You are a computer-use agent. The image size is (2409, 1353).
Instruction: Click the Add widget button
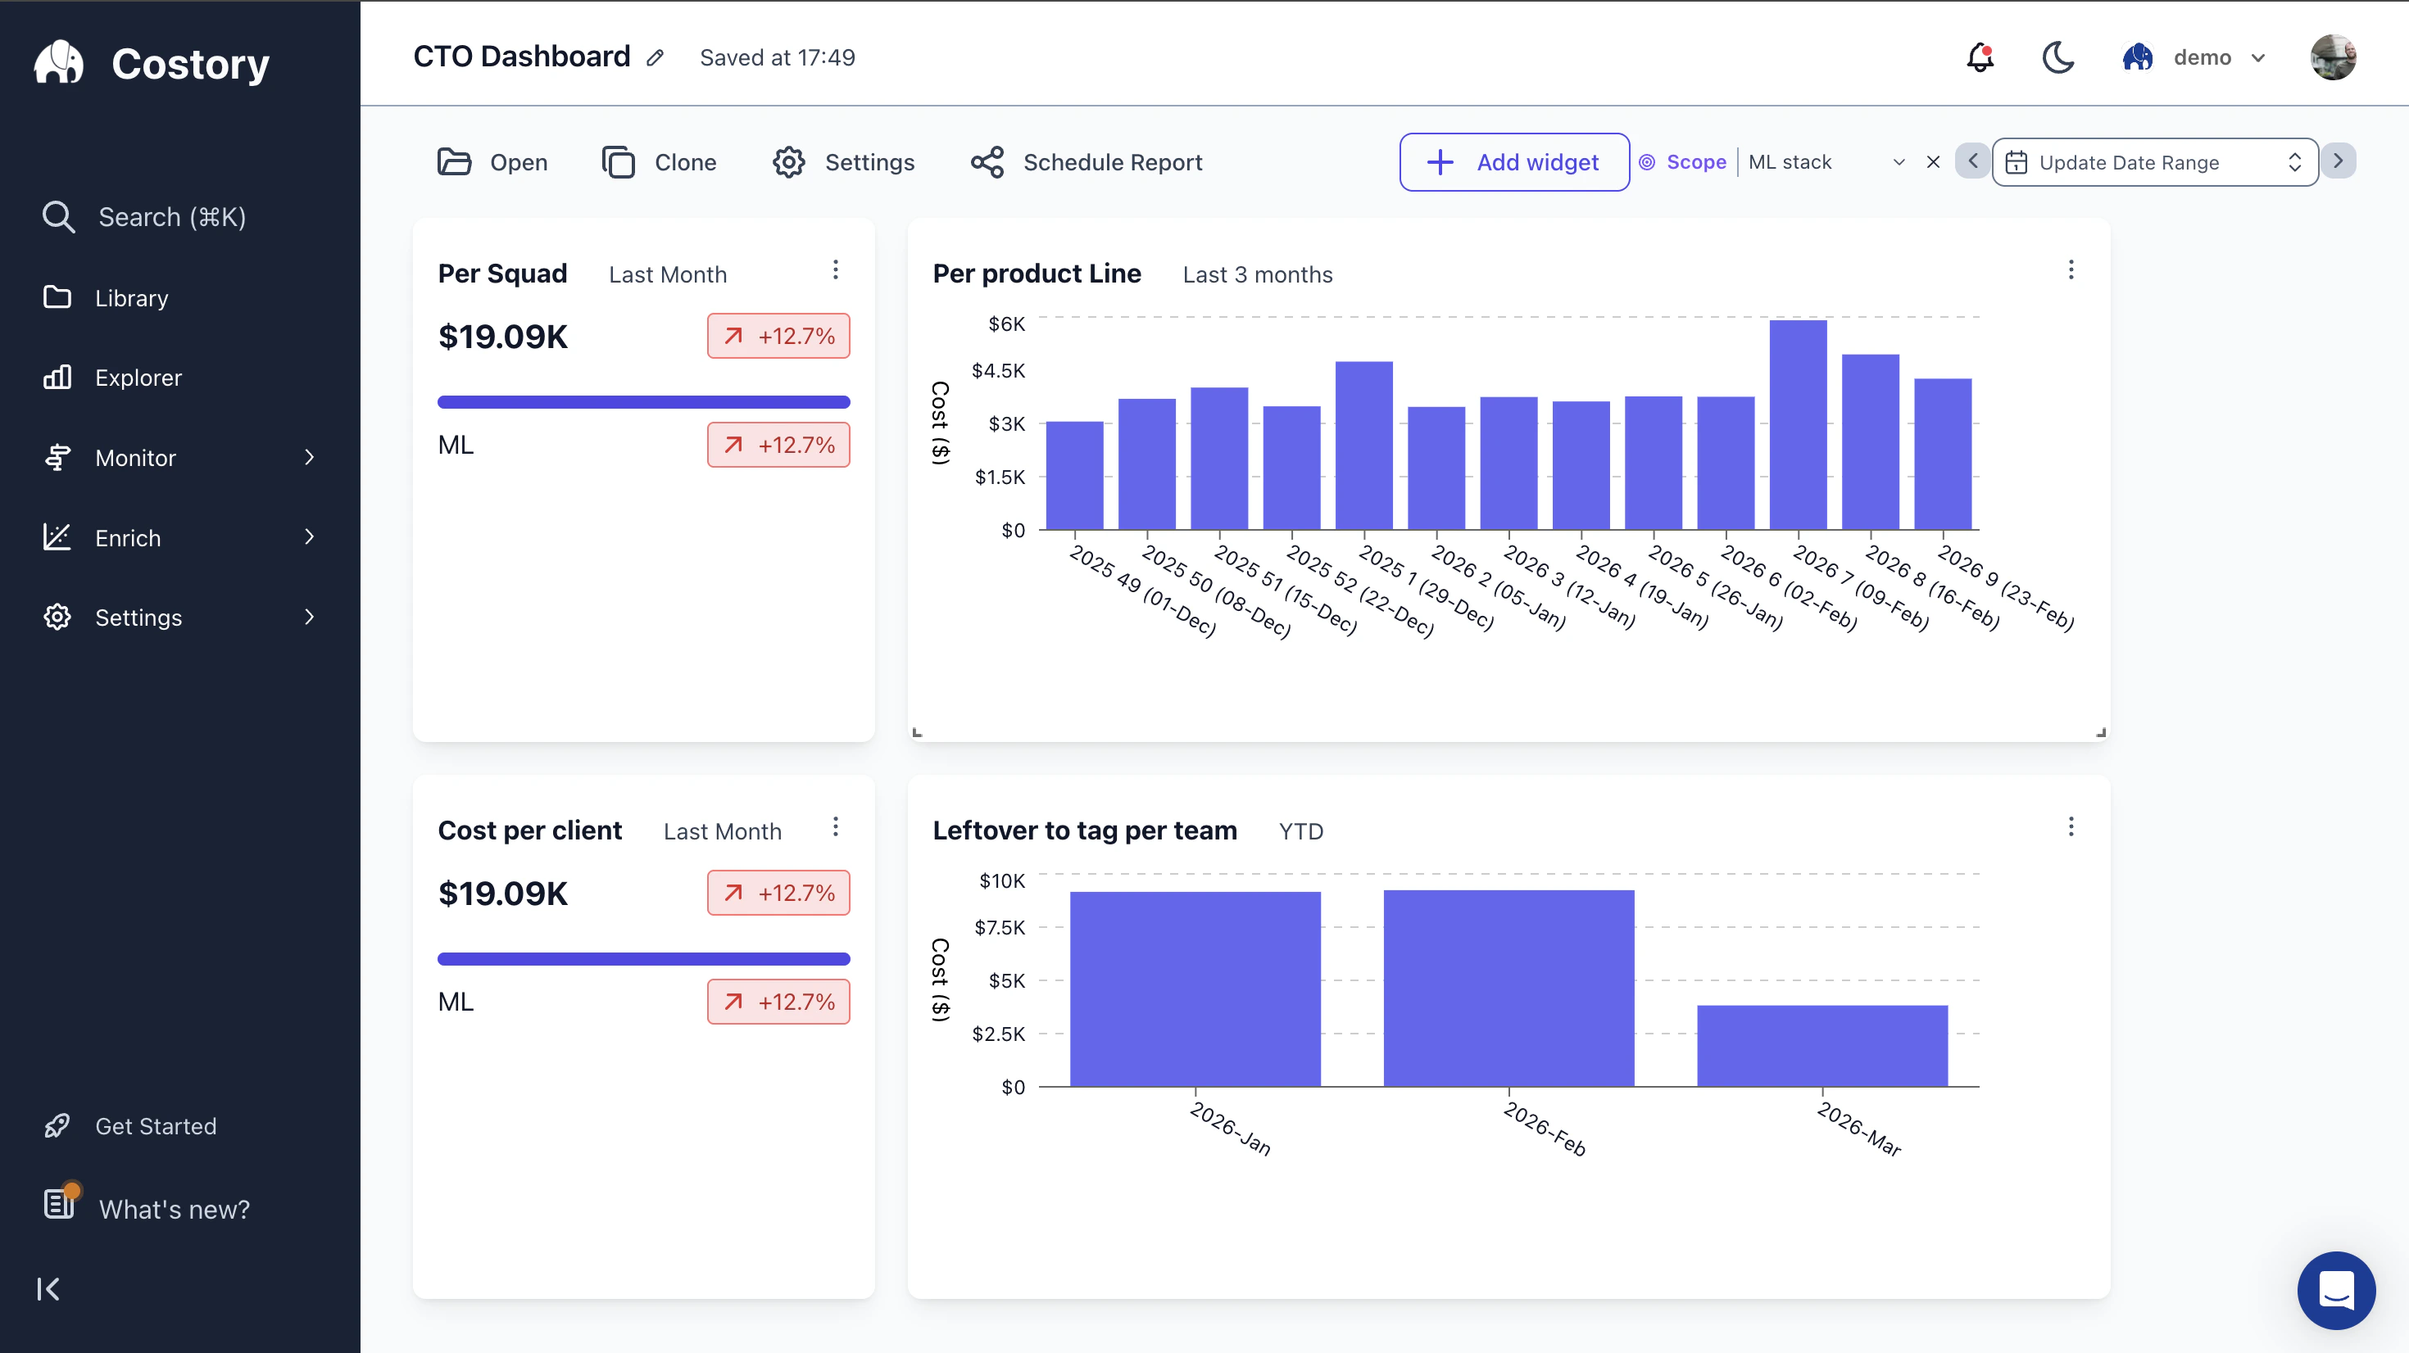(1513, 162)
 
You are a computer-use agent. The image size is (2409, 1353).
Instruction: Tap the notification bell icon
(1979, 58)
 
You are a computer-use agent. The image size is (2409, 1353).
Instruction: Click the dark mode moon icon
(2057, 58)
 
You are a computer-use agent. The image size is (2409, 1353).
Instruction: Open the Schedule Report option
(1086, 162)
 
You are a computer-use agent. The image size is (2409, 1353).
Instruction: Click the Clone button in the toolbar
(660, 162)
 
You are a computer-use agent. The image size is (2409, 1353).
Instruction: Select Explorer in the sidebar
(138, 378)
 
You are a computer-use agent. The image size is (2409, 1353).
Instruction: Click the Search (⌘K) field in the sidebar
(171, 217)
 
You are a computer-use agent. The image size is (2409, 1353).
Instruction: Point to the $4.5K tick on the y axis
(998, 370)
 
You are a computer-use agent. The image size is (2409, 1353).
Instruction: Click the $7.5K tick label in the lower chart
(999, 928)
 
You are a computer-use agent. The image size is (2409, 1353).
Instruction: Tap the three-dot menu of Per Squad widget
(835, 270)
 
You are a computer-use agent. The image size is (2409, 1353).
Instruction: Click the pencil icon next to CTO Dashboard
(655, 58)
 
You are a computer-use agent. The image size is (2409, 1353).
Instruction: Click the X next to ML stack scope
(1932, 162)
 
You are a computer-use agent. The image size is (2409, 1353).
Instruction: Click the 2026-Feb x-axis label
(1544, 1129)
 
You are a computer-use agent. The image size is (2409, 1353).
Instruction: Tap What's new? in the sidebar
(174, 1209)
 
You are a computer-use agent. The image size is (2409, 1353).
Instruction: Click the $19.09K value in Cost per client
(502, 893)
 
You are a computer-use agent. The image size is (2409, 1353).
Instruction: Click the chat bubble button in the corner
(2335, 1289)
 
